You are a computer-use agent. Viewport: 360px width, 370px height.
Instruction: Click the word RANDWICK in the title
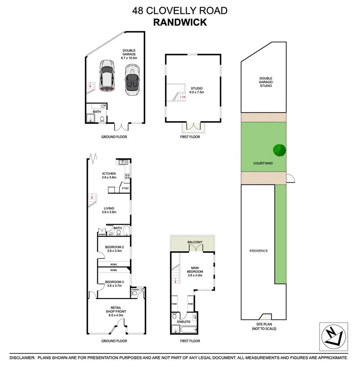(x=180, y=22)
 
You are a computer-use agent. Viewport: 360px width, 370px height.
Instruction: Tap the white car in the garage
(x=107, y=76)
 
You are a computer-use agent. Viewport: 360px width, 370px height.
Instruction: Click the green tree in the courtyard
(x=279, y=150)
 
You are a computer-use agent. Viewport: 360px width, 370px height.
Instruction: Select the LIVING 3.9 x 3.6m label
(x=109, y=210)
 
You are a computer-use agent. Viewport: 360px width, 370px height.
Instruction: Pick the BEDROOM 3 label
(x=114, y=284)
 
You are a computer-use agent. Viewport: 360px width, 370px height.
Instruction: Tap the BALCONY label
(x=195, y=242)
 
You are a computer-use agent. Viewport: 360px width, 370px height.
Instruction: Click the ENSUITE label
(x=183, y=322)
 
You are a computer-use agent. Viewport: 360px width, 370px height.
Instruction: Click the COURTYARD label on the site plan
(x=263, y=163)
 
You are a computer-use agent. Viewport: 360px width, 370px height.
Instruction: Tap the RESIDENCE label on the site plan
(x=258, y=251)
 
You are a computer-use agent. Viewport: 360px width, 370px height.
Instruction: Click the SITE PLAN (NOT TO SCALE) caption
(x=263, y=326)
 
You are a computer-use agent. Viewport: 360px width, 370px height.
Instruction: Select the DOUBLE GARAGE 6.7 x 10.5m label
(x=129, y=54)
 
